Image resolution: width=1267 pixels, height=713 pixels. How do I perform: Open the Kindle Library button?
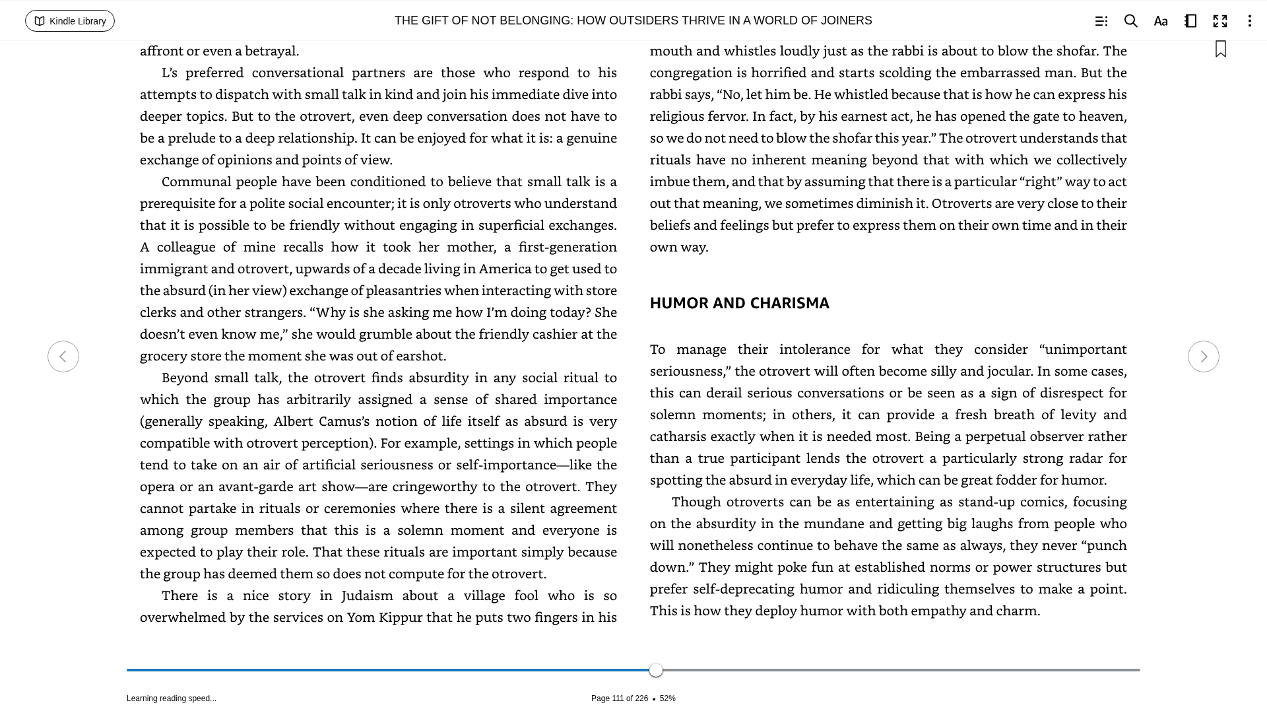(70, 21)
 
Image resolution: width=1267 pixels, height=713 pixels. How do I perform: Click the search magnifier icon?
(1130, 21)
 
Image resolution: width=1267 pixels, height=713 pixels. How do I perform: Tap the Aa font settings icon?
(1161, 21)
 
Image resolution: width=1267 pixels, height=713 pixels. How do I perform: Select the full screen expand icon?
(1220, 21)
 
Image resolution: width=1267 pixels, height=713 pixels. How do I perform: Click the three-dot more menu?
(1249, 21)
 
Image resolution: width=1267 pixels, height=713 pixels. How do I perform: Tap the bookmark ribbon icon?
(1221, 50)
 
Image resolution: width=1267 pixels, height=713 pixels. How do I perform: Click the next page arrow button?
(1203, 356)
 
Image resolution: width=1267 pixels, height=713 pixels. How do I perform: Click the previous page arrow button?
(63, 356)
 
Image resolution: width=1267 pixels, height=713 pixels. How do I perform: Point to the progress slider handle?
(656, 670)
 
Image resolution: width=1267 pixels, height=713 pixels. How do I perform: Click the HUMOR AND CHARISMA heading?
(739, 303)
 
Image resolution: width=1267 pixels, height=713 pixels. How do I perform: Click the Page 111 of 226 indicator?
(619, 698)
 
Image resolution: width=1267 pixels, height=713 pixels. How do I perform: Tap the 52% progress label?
(667, 698)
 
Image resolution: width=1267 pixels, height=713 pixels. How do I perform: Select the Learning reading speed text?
(172, 698)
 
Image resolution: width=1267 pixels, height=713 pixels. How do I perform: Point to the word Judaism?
(367, 595)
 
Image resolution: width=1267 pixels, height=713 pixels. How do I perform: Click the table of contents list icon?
(1101, 21)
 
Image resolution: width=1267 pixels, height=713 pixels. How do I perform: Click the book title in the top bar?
(633, 20)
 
